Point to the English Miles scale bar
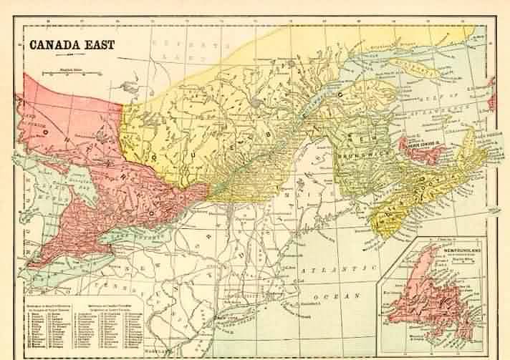pos(71,73)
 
